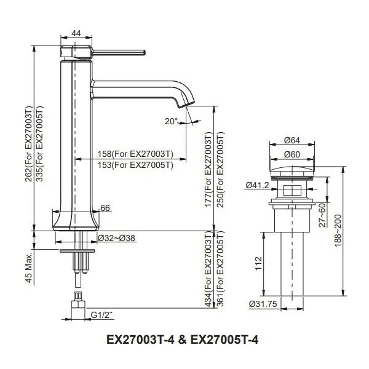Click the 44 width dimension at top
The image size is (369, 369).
click(x=76, y=33)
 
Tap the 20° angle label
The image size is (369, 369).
click(x=172, y=121)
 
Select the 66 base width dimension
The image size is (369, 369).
click(x=105, y=208)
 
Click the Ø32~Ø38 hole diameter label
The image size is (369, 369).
click(x=116, y=238)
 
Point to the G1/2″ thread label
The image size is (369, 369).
click(x=101, y=315)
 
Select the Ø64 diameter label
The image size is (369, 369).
click(x=292, y=140)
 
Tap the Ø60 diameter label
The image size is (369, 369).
click(x=292, y=154)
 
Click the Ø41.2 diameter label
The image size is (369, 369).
click(x=257, y=185)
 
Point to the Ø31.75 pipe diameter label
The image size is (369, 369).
click(x=263, y=304)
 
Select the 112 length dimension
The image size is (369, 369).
click(x=258, y=264)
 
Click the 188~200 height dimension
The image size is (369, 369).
click(x=338, y=231)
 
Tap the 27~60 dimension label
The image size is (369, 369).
click(x=322, y=215)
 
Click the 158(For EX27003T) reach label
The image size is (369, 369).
click(x=135, y=154)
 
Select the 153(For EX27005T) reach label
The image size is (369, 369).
click(x=135, y=165)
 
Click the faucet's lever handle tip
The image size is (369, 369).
click(x=144, y=52)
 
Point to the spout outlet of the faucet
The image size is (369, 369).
click(x=186, y=105)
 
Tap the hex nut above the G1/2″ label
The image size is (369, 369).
click(x=77, y=304)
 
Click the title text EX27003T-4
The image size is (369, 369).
click(x=140, y=340)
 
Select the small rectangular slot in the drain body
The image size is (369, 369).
click(x=292, y=190)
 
